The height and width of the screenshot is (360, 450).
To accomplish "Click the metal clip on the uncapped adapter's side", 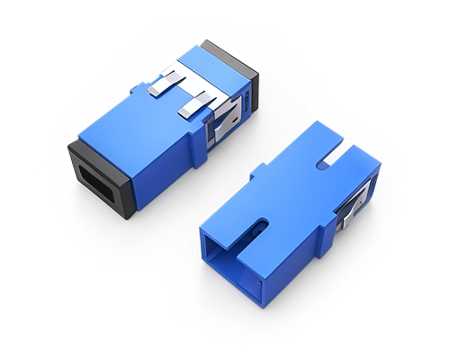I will click(x=351, y=216).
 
